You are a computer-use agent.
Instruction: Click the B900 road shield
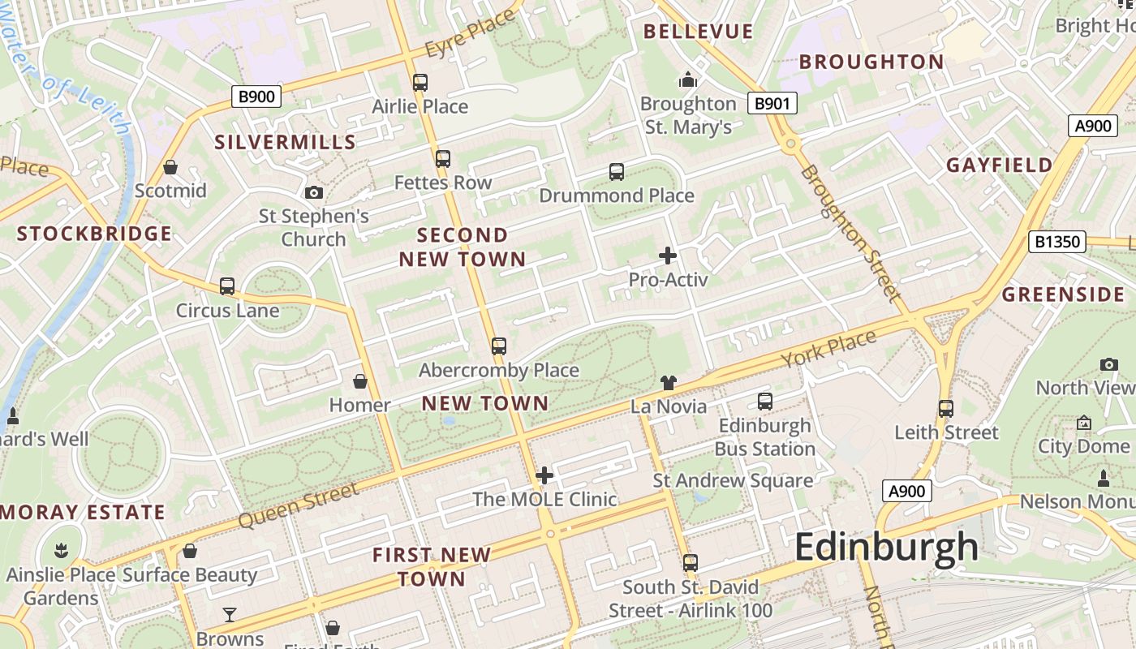click(x=256, y=97)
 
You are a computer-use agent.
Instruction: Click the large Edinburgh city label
click(x=886, y=547)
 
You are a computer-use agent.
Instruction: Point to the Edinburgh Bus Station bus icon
click(x=764, y=401)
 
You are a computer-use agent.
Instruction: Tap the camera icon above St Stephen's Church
click(x=314, y=192)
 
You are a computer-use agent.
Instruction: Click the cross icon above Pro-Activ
click(x=668, y=256)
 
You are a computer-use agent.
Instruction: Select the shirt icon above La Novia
click(x=668, y=382)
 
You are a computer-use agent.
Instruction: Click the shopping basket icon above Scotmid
click(x=170, y=167)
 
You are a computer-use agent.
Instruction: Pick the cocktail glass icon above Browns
click(x=230, y=614)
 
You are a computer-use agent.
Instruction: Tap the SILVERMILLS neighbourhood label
click(x=285, y=142)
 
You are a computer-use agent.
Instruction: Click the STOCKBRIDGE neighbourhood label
click(x=94, y=234)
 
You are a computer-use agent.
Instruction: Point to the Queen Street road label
click(x=299, y=505)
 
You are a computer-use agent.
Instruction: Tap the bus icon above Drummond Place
click(x=617, y=172)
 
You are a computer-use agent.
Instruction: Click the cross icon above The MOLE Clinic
click(x=544, y=475)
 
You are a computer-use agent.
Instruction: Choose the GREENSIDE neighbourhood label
click(x=1063, y=294)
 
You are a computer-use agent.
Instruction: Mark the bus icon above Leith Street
click(x=945, y=408)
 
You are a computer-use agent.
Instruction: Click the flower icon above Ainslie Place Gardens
click(x=60, y=551)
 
